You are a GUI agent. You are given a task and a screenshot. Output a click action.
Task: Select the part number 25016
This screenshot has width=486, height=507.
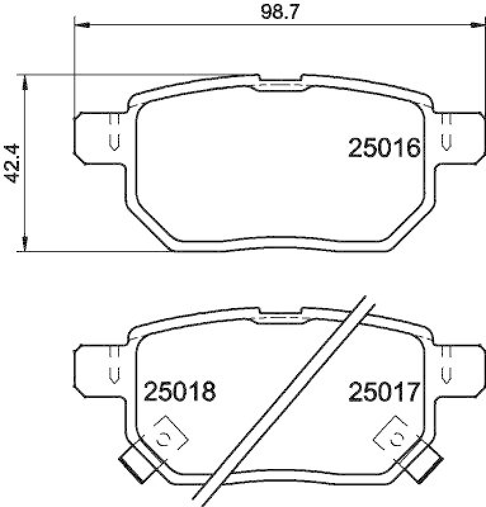(384, 149)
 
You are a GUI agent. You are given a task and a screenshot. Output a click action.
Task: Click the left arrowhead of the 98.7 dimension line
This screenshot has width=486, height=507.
(81, 25)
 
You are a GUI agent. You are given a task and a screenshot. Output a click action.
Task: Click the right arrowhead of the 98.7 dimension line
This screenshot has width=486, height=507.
(473, 25)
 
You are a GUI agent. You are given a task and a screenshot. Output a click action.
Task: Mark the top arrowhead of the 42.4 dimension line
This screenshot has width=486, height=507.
(25, 81)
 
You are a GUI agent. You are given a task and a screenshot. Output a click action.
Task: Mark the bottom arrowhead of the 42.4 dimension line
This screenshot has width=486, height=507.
(25, 245)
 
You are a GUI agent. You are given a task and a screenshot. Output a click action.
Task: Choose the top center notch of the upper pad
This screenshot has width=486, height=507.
(280, 83)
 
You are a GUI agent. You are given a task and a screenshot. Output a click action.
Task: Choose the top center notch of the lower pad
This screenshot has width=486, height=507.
(280, 314)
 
